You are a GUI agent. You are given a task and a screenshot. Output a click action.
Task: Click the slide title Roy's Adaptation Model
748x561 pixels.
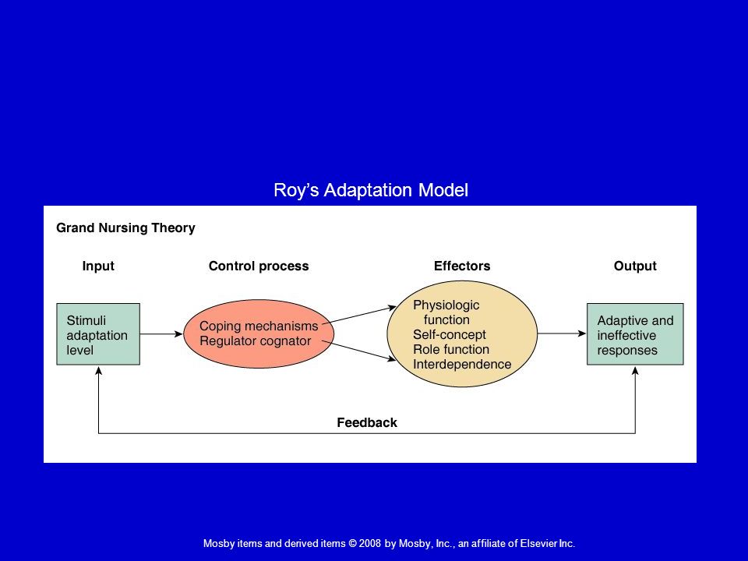click(x=371, y=190)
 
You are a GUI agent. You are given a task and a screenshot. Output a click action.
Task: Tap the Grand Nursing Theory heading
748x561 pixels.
click(x=126, y=228)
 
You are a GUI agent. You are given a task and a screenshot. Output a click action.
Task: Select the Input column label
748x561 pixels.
click(x=98, y=266)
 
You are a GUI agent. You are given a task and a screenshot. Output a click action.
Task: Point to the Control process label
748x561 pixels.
click(x=259, y=266)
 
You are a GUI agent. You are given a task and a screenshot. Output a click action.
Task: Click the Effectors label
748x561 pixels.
click(x=462, y=266)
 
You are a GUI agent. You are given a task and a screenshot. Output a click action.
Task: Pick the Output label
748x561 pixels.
click(x=635, y=266)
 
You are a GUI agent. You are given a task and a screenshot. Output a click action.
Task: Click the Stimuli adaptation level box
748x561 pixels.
click(x=98, y=334)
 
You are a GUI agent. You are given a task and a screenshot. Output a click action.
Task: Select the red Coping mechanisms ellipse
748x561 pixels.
click(x=259, y=334)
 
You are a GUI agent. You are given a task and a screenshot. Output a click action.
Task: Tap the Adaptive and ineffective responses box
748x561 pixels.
click(x=635, y=334)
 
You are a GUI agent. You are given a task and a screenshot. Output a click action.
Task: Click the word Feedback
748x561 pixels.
click(x=367, y=422)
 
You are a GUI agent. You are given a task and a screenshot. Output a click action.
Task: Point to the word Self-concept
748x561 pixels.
click(x=450, y=334)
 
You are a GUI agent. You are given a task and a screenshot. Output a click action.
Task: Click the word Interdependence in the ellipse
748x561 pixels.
click(x=462, y=365)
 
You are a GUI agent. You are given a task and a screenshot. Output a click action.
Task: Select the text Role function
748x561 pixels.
click(x=451, y=349)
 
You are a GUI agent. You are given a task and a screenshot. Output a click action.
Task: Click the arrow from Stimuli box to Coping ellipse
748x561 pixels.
click(x=161, y=334)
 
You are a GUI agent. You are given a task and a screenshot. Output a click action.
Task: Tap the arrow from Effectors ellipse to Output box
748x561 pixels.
click(x=562, y=333)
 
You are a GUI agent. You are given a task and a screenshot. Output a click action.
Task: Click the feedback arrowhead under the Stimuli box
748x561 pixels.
click(x=99, y=370)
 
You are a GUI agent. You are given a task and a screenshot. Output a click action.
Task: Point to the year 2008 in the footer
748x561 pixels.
click(x=369, y=543)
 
